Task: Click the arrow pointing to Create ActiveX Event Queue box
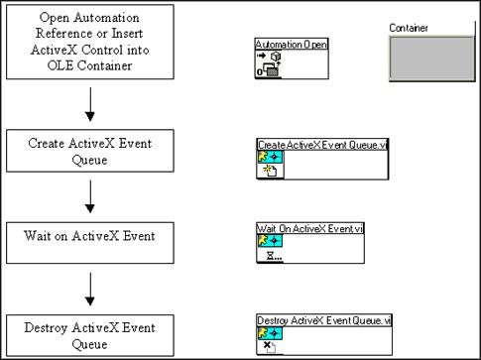click(x=90, y=104)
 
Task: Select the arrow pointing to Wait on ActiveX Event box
click(x=90, y=196)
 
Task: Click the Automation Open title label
click(x=292, y=46)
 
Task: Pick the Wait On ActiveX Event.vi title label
click(x=298, y=229)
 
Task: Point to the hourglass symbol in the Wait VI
click(x=267, y=256)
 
